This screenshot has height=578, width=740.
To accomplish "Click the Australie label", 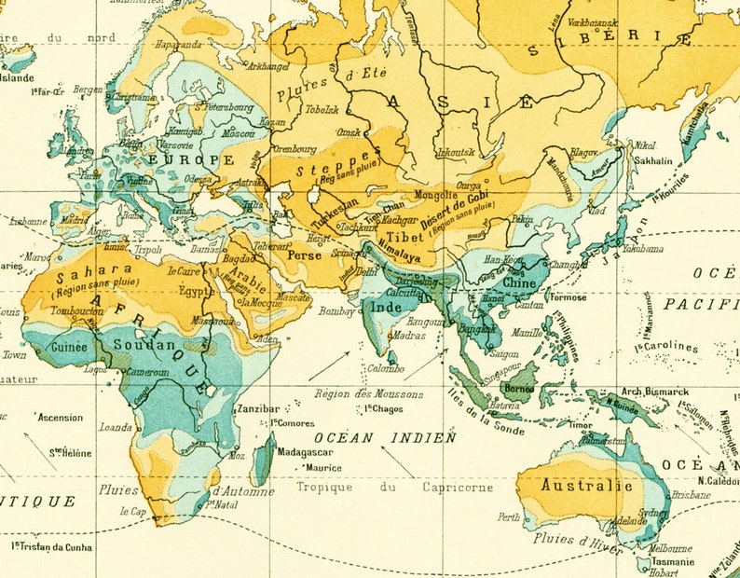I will point(587,486).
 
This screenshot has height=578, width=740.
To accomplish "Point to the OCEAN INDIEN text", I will point(385,436).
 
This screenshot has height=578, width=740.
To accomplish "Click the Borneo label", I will point(518,386).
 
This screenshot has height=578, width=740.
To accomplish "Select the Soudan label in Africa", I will point(144,345).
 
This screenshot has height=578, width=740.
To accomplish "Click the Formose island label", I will point(570,297).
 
